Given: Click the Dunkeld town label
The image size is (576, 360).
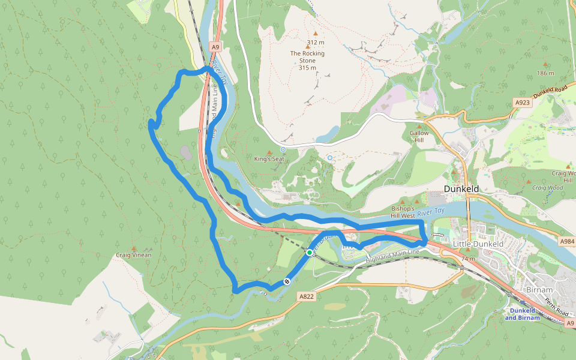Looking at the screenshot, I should tap(460, 188).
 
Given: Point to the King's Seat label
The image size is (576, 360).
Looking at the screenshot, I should tap(269, 159).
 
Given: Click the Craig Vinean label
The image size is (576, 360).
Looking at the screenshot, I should tap(133, 255).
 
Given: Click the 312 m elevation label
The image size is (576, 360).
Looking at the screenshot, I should tap(316, 42).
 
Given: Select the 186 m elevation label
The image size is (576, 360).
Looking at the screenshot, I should tap(545, 73).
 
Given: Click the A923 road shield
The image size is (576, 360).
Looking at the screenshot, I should tap(523, 103).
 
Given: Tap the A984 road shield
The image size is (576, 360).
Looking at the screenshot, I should tap(567, 241).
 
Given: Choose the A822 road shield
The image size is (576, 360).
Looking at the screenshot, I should tap(307, 296).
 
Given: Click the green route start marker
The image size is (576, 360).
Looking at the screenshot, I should tap(310, 253).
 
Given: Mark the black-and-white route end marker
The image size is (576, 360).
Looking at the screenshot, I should tap(287, 281).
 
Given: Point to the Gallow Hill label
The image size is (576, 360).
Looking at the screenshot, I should tap(419, 136).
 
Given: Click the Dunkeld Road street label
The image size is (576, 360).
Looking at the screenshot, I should tap(550, 92).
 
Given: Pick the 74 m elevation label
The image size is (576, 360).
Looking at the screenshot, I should tap(469, 259).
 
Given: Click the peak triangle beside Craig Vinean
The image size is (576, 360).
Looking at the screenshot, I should tap(133, 248).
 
